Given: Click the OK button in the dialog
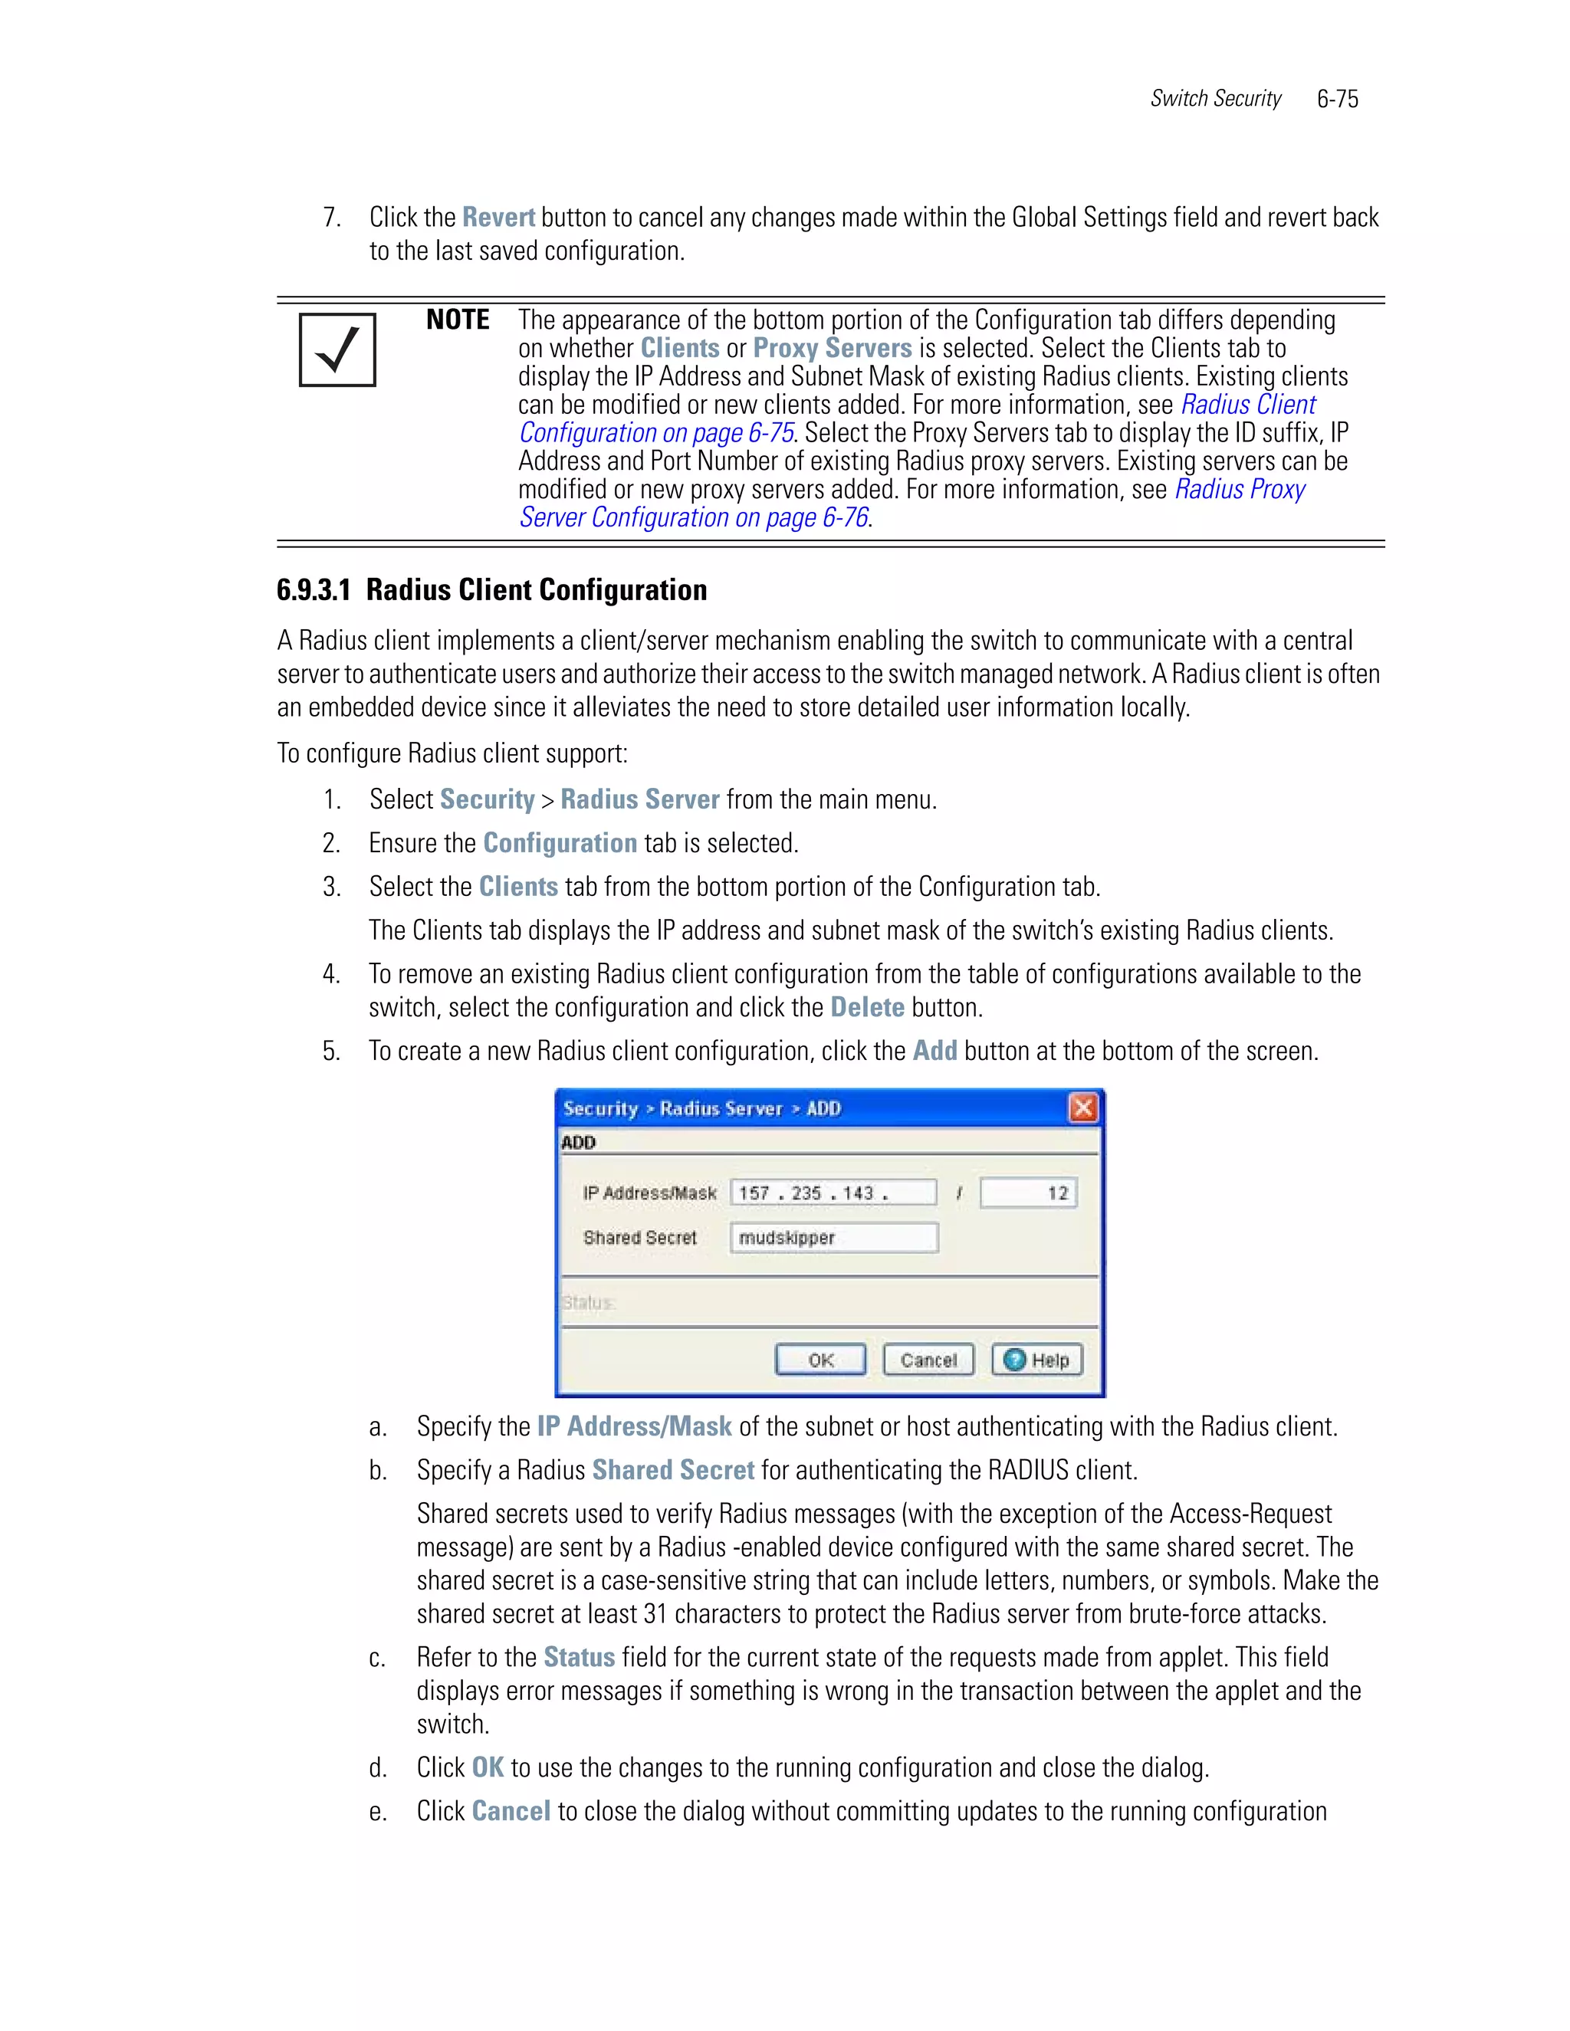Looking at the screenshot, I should point(820,1360).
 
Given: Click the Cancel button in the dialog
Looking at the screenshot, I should point(928,1360).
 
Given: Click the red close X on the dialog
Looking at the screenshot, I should point(1082,1107).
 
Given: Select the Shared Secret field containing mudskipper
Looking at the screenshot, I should point(833,1238).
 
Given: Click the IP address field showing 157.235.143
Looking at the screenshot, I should point(833,1193).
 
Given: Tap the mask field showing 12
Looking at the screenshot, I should point(1029,1193).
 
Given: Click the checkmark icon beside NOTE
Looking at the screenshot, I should point(337,349).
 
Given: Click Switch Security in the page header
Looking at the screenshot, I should point(1215,99).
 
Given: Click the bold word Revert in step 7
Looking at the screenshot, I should point(498,218).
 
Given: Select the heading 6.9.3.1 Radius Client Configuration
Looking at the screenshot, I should point(491,589).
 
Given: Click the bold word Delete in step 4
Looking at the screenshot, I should point(867,1007).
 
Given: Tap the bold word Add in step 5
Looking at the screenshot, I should point(934,1051).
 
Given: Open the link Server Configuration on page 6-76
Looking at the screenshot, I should point(694,518).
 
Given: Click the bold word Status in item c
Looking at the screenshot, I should point(579,1657).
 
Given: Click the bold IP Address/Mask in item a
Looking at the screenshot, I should point(634,1426).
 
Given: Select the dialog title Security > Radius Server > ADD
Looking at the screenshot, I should point(701,1108).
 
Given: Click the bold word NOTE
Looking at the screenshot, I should point(458,320).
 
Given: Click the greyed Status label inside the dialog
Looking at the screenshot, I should point(588,1303).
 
